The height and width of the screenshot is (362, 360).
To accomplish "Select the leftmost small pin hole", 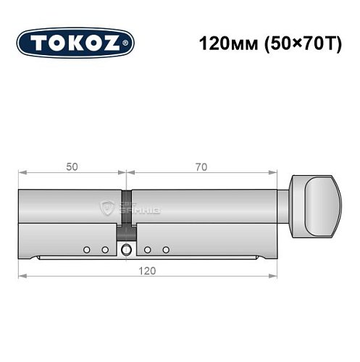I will pyautogui.click(x=86, y=250).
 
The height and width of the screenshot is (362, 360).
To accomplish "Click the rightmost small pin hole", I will pyautogui.click(x=166, y=250).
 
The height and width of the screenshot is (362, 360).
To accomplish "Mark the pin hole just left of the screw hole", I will pyautogui.click(x=105, y=250).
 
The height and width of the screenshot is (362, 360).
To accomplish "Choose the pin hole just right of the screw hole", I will pyautogui.click(x=147, y=250).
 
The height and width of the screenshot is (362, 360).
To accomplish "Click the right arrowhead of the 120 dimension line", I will pyautogui.click(x=275, y=277).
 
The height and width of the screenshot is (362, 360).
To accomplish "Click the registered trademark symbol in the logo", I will pyautogui.click(x=129, y=44).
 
